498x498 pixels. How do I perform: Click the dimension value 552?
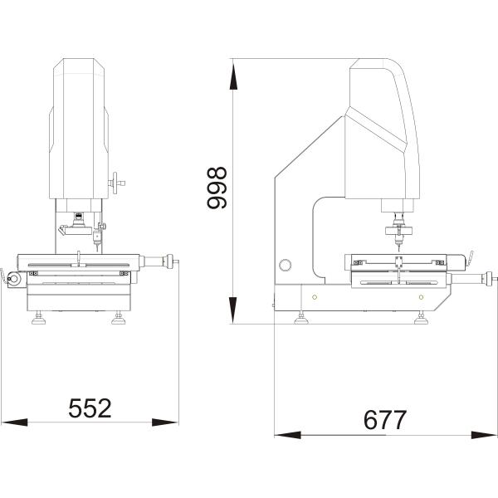[x=90, y=408]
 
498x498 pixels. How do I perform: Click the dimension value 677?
[x=384, y=419]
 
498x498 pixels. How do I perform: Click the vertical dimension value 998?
[x=217, y=188]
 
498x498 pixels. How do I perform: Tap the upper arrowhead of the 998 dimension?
[x=233, y=76]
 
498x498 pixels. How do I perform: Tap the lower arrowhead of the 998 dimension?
[x=233, y=310]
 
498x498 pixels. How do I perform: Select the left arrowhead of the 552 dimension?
[x=15, y=422]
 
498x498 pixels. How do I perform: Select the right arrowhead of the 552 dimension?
[x=165, y=422]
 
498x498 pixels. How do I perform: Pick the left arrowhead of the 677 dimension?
[x=288, y=435]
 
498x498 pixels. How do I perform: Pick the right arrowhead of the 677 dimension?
[x=485, y=435]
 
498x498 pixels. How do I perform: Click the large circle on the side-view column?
[x=285, y=266]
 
